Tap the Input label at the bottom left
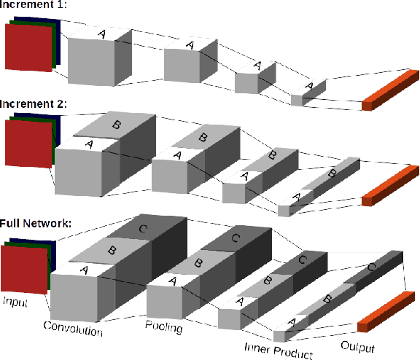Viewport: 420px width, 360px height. pos(17,301)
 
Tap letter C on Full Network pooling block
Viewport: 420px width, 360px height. pos(236,237)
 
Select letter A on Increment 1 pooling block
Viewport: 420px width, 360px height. pos(190,45)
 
